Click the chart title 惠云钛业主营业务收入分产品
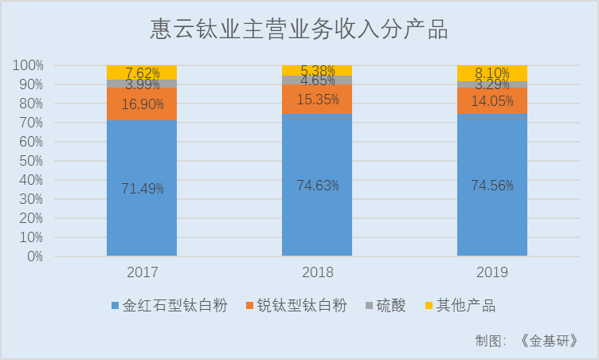(x=299, y=30)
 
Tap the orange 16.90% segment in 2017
(x=142, y=104)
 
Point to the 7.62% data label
(x=142, y=72)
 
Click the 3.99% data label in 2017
(x=142, y=84)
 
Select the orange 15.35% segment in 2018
(x=317, y=100)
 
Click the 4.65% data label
(x=317, y=80)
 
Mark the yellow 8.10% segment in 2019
(x=492, y=72)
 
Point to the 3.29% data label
(x=492, y=84)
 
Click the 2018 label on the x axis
(x=317, y=272)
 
